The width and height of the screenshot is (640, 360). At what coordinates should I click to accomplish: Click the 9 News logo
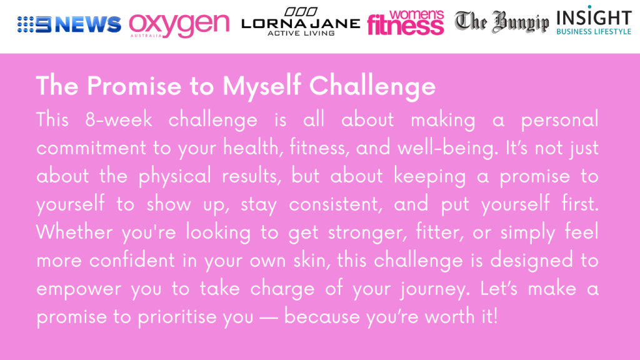[x=69, y=24]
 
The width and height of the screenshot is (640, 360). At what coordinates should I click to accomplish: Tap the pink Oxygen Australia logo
[x=179, y=25]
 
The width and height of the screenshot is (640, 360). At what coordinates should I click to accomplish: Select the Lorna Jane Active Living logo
[x=301, y=22]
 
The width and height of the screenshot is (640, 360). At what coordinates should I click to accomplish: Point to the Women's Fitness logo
[x=405, y=22]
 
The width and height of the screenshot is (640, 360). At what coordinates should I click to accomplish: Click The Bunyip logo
[x=502, y=22]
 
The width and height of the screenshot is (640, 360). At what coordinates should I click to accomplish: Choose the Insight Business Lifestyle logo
[x=594, y=21]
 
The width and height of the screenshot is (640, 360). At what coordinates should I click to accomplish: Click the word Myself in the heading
[x=262, y=86]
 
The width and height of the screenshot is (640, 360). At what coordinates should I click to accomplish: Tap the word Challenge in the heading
[x=372, y=86]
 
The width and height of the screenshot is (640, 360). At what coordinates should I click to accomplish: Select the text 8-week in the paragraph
[x=119, y=119]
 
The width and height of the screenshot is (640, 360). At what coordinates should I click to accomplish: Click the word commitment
[x=91, y=147]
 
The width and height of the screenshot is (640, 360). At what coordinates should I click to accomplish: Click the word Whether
[x=74, y=232]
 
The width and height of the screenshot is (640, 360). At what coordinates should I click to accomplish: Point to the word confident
[x=132, y=261]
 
